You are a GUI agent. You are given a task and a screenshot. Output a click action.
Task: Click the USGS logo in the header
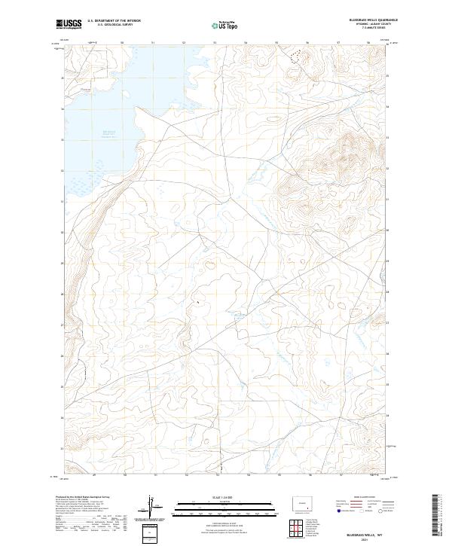69,24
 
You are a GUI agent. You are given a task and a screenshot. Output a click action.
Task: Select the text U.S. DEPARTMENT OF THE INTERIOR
114,21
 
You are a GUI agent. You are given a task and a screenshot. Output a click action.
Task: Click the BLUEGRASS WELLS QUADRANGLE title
374,21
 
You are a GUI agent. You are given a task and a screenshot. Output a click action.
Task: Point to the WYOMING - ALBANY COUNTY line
374,25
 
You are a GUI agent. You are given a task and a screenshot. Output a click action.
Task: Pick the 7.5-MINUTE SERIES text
374,29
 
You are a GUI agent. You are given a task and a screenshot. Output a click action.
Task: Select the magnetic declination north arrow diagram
153,508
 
